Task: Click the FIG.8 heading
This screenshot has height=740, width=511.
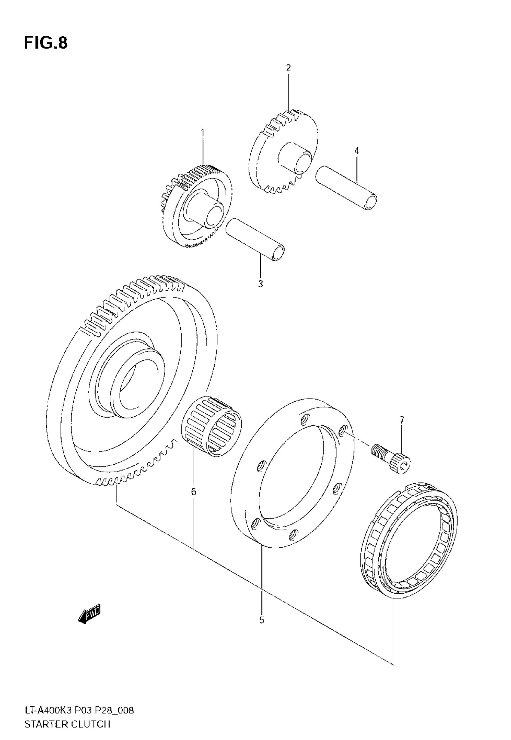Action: click(x=46, y=43)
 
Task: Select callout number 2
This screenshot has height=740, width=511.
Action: click(x=289, y=68)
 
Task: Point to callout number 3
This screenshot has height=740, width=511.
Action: click(x=260, y=283)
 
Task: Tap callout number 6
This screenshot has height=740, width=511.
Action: click(x=194, y=492)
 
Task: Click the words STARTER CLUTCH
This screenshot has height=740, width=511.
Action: click(x=67, y=724)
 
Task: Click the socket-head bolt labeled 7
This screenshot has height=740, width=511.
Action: click(x=392, y=459)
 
